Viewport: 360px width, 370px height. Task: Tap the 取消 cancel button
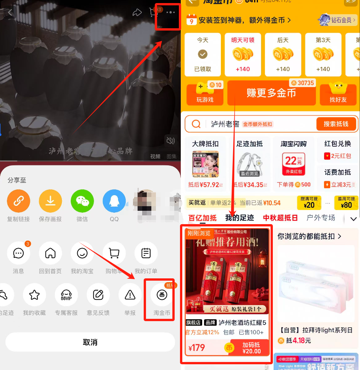(90, 342)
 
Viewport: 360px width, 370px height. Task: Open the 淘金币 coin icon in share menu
(162, 295)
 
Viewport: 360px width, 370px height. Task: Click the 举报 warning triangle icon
(130, 295)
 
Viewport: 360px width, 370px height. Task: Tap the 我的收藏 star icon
(34, 295)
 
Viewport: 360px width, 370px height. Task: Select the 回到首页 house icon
(50, 253)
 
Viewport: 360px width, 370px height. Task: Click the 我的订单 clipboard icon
(146, 253)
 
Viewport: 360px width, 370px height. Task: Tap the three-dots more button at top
(170, 13)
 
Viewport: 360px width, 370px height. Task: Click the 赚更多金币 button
(271, 93)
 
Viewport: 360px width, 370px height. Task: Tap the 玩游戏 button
(205, 94)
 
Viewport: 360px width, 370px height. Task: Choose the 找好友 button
(338, 94)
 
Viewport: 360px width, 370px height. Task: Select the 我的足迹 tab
(239, 218)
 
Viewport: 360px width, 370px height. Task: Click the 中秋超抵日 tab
(280, 218)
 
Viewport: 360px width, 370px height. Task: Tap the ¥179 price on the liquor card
(197, 348)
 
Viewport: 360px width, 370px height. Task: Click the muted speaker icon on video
(170, 141)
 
